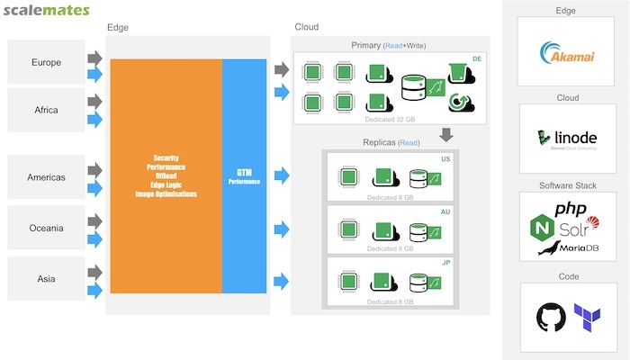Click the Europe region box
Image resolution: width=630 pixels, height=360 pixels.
point(46,63)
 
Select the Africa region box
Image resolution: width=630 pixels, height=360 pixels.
point(46,110)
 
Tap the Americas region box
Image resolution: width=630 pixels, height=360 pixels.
point(46,177)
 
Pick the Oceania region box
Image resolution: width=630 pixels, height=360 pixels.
point(46,228)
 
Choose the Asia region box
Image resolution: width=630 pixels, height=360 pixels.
point(46,277)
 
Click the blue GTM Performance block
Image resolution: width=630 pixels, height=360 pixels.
point(244,175)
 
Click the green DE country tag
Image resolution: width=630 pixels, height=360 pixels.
point(477,58)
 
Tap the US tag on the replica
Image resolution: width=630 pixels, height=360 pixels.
point(445,159)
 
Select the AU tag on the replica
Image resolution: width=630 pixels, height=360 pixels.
point(445,211)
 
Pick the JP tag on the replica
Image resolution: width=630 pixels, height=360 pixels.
point(445,263)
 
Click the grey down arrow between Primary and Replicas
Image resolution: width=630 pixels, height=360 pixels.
point(444,135)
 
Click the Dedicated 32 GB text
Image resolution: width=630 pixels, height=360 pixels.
point(391,118)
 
